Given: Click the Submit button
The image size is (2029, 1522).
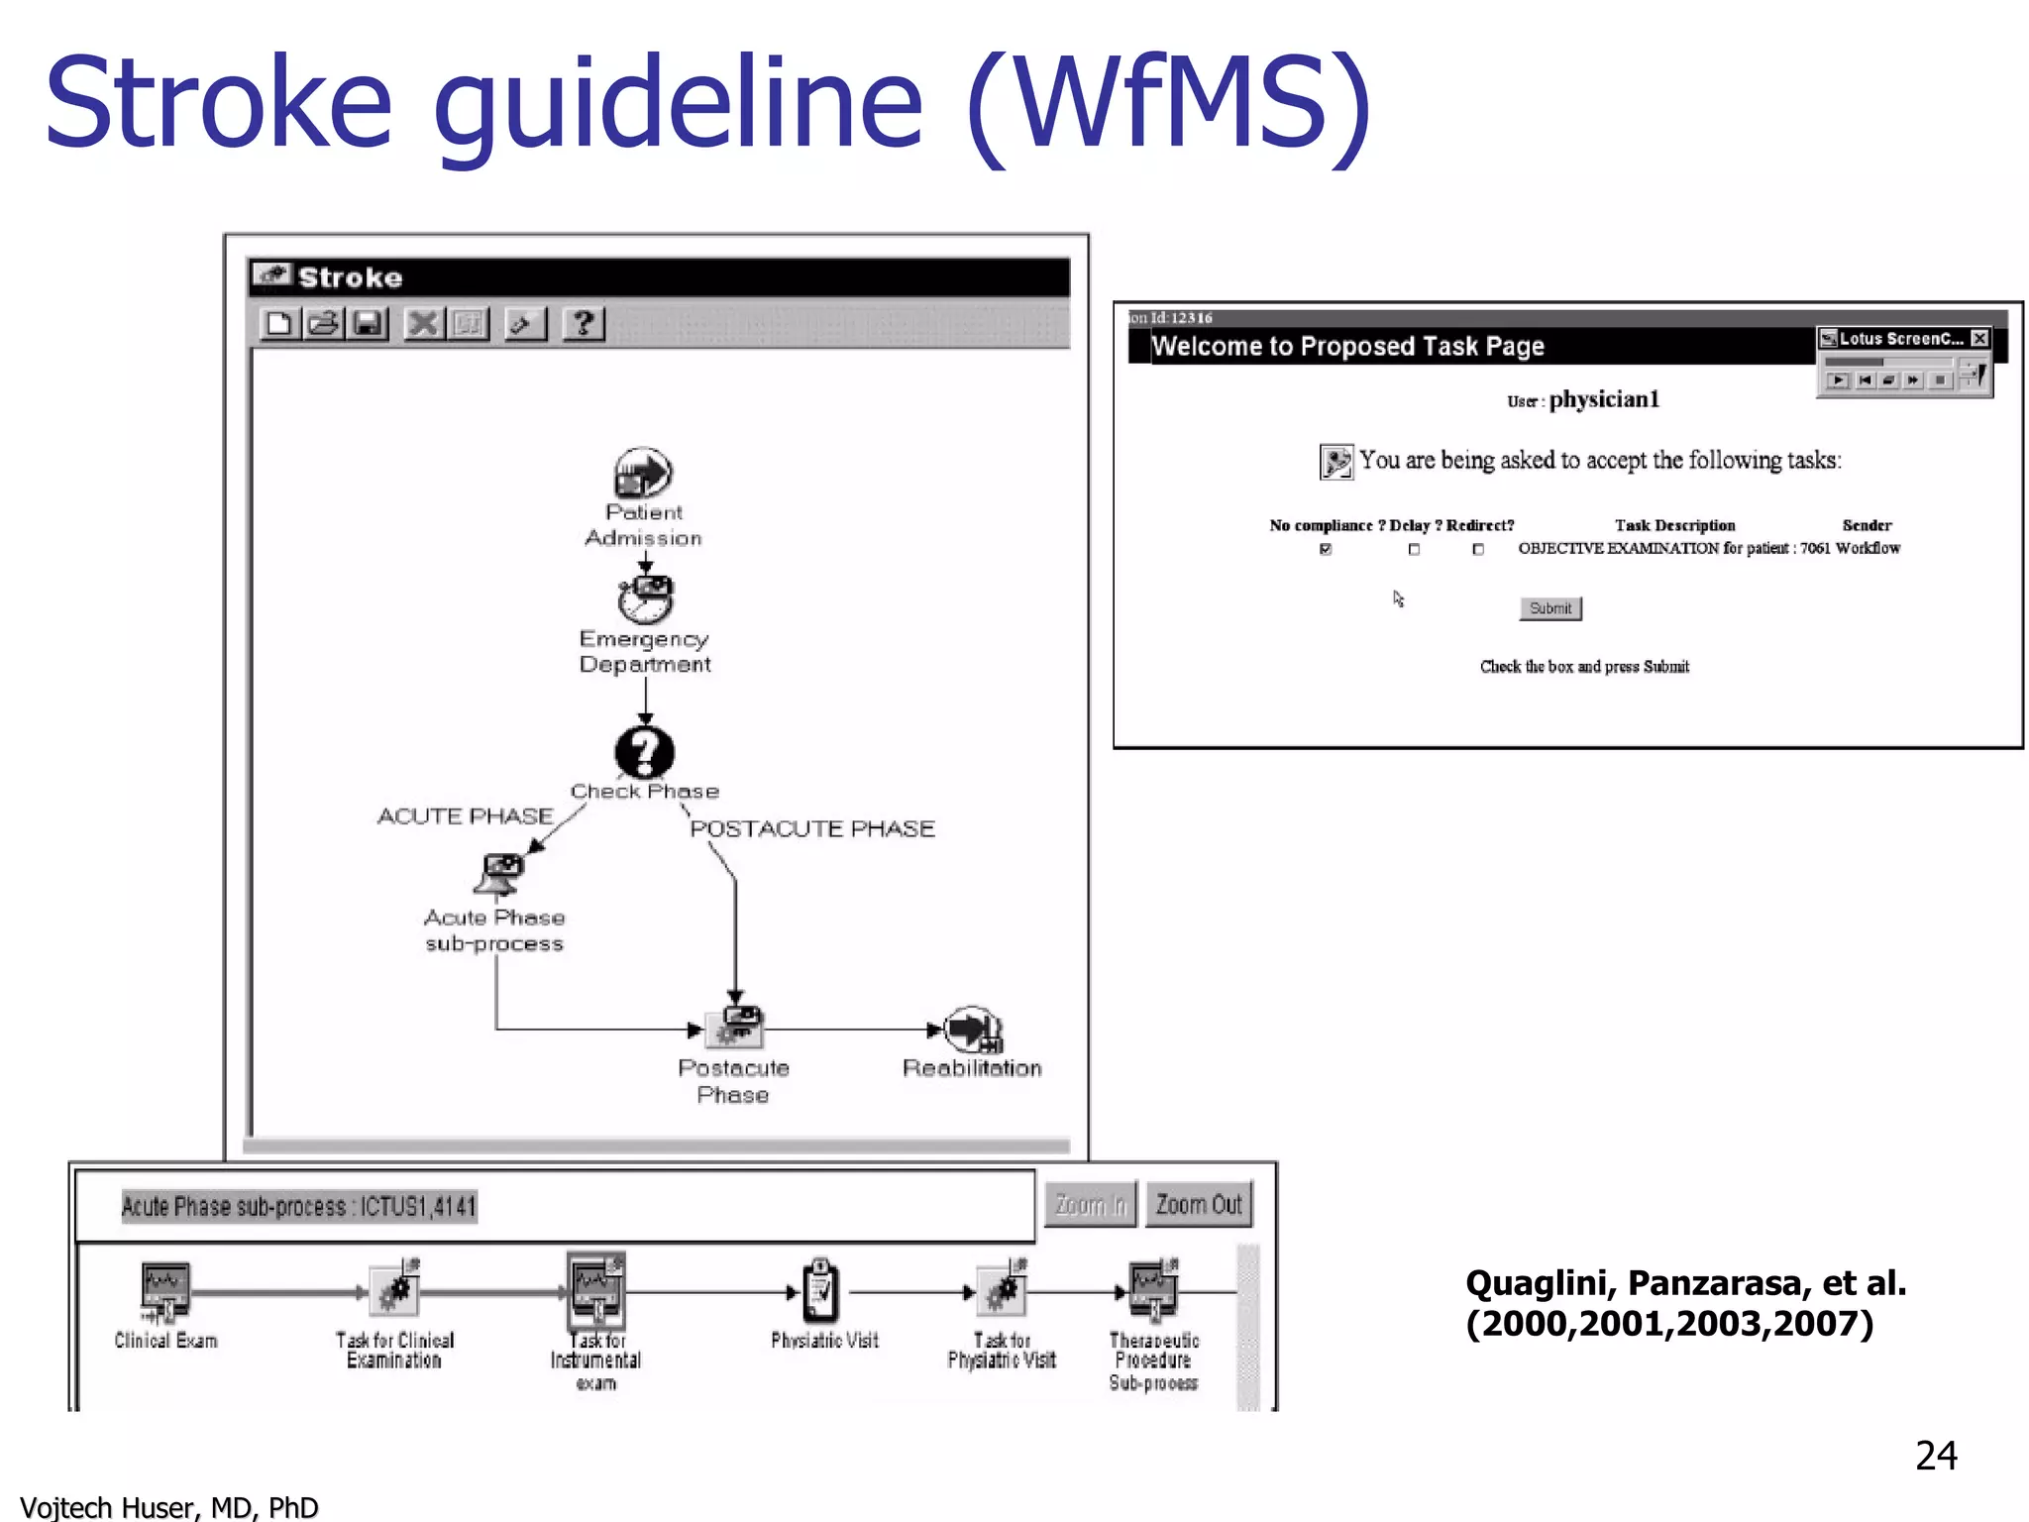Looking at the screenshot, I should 1549,608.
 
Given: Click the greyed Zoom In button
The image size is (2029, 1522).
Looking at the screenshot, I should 1090,1205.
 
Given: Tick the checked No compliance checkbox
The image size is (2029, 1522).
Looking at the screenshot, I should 1326,549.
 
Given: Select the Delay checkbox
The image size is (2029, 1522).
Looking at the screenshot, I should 1414,549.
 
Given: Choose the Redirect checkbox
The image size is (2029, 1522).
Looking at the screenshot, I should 1478,549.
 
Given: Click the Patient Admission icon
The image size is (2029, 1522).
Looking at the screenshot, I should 643,473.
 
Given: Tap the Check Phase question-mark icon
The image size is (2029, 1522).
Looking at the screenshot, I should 645,753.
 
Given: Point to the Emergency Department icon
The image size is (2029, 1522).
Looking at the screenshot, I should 646,598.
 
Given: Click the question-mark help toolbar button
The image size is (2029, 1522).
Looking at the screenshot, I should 584,324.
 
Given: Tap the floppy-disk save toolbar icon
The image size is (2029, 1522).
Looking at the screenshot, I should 368,324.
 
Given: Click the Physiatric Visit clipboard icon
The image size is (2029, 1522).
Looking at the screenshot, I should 820,1291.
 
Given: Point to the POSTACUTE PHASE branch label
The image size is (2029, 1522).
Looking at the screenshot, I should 811,828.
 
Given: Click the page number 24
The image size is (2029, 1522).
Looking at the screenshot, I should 1936,1456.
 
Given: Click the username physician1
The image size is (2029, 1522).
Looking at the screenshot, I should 1604,399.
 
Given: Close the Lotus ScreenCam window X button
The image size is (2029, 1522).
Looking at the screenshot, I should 1978,339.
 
